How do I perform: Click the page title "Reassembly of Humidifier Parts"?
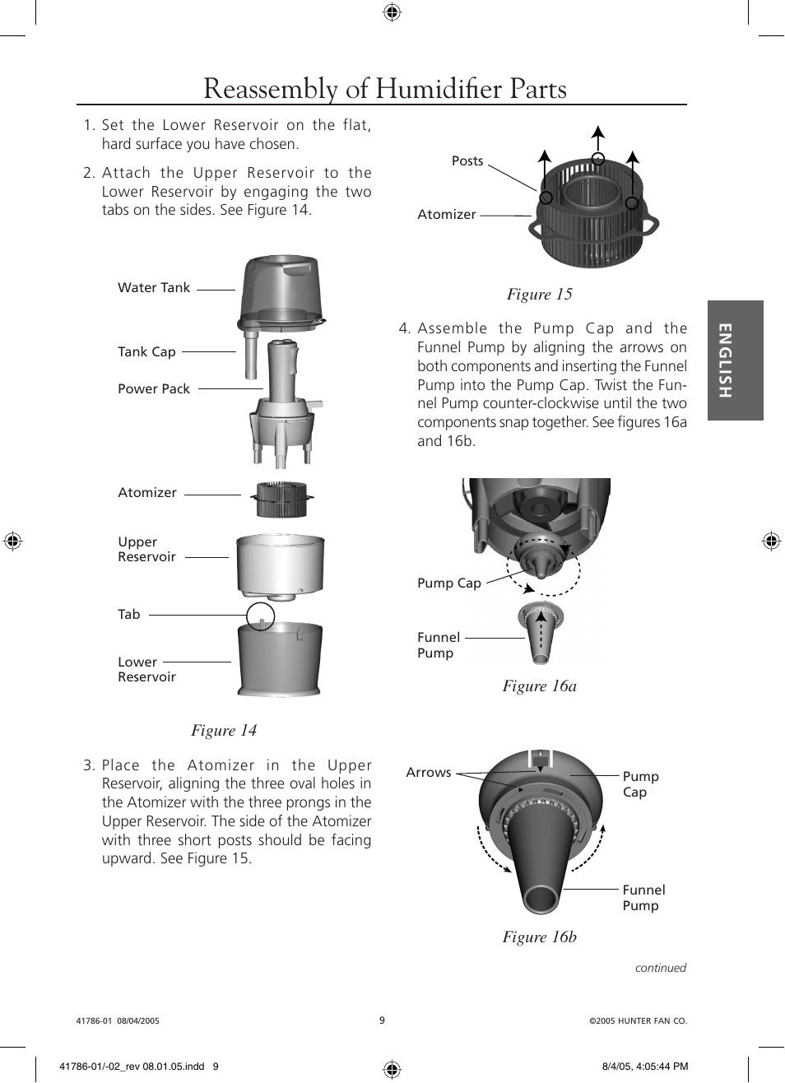[x=384, y=89]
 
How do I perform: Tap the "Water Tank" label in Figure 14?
[x=154, y=288]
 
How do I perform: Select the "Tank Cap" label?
[x=146, y=352]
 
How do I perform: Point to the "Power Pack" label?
[x=154, y=389]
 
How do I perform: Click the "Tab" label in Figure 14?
[x=129, y=615]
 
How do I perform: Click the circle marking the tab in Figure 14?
[x=261, y=616]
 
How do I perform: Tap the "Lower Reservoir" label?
[x=146, y=670]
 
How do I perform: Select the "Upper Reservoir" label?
[x=146, y=550]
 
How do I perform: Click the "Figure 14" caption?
[x=224, y=731]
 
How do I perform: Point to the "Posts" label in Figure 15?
[x=467, y=161]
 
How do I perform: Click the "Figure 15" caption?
[x=539, y=295]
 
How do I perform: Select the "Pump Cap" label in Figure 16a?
[x=449, y=583]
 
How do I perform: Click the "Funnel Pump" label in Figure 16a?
[x=439, y=645]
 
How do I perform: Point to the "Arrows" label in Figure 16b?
[x=429, y=773]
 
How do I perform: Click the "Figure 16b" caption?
[x=539, y=937]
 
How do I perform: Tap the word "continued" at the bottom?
[x=660, y=969]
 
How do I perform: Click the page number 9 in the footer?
[x=382, y=1020]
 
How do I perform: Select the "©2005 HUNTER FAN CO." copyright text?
[x=638, y=1021]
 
